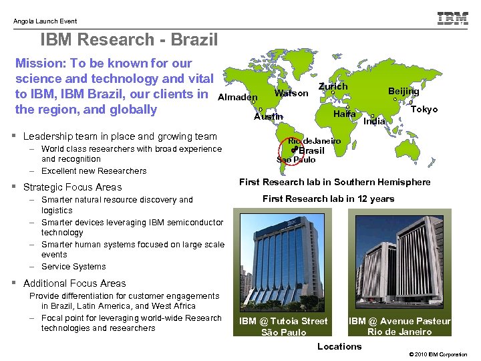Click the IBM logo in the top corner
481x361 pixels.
tap(452, 19)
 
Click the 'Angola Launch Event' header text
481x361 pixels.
tap(45, 21)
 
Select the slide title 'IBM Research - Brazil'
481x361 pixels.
tap(129, 40)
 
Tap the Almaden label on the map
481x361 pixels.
tap(238, 97)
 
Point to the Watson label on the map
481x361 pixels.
tap(291, 93)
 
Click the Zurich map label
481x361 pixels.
tap(333, 87)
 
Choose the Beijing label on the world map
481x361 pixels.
tap(404, 91)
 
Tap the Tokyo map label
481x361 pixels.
tap(424, 109)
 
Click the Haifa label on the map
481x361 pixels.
tap(343, 114)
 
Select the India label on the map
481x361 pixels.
tap(374, 121)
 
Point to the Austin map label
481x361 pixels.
tap(269, 117)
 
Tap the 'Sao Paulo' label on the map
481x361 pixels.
tap(296, 160)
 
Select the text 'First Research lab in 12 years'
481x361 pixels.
tap(328, 199)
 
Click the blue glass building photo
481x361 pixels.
tap(283, 260)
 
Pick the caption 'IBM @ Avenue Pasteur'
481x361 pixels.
tap(399, 322)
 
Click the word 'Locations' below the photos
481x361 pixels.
tap(339, 346)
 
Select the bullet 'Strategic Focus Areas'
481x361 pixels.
tap(72, 187)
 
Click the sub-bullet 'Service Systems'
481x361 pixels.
tap(73, 266)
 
